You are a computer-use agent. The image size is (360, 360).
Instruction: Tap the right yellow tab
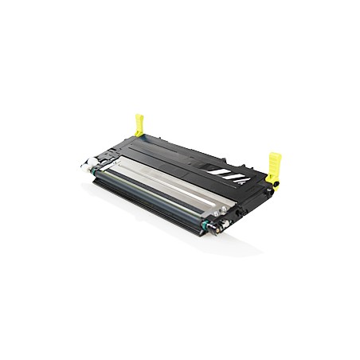tap(275, 166)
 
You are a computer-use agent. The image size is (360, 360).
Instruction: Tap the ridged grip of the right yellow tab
tap(276, 159)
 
